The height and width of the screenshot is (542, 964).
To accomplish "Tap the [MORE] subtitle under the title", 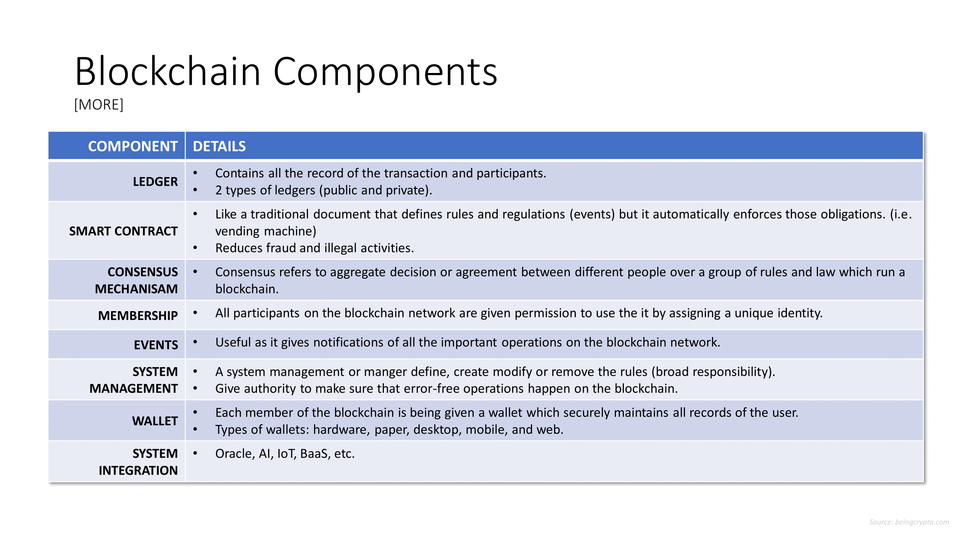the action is (99, 104).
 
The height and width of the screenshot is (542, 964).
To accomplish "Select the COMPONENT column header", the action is (133, 146).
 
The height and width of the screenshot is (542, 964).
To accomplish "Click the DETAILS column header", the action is (219, 146).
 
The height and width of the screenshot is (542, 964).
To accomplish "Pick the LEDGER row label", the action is (155, 182).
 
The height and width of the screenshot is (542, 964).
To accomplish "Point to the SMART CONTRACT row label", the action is (124, 231).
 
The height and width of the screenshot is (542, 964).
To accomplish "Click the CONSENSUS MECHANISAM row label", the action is (137, 280).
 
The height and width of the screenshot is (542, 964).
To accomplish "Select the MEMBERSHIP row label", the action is (138, 316).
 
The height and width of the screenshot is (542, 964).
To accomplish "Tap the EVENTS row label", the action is (156, 345).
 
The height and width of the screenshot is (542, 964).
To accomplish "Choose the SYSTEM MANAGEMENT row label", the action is (134, 380).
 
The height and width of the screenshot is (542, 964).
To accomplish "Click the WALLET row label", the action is (155, 421).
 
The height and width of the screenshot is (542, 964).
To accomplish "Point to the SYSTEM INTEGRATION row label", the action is (138, 462).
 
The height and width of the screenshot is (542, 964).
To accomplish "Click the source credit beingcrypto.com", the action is (909, 522).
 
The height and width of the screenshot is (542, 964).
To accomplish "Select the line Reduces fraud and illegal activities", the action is (315, 248).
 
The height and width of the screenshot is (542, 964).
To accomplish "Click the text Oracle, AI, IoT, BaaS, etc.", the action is (285, 454).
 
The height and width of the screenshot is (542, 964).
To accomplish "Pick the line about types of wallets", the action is (389, 429).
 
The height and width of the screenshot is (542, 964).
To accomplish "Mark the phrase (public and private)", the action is (375, 190).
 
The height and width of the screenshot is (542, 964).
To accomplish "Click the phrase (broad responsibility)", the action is (713, 372).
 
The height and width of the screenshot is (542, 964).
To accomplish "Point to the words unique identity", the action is (779, 313).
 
